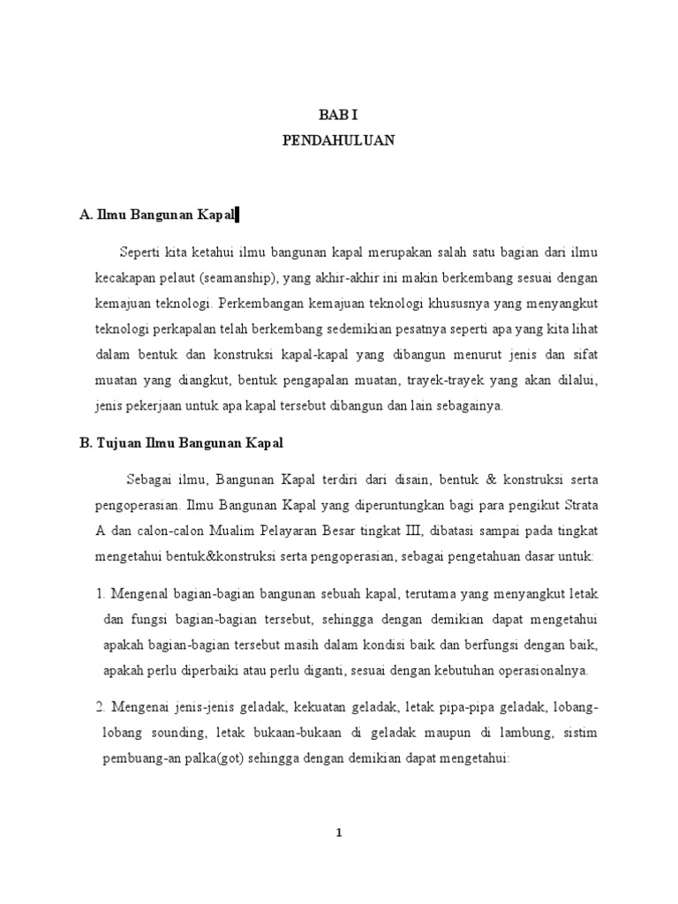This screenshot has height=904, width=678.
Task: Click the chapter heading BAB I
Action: point(339,114)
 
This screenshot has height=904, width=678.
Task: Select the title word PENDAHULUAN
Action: point(339,139)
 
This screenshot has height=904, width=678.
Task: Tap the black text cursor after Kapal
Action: point(237,215)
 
